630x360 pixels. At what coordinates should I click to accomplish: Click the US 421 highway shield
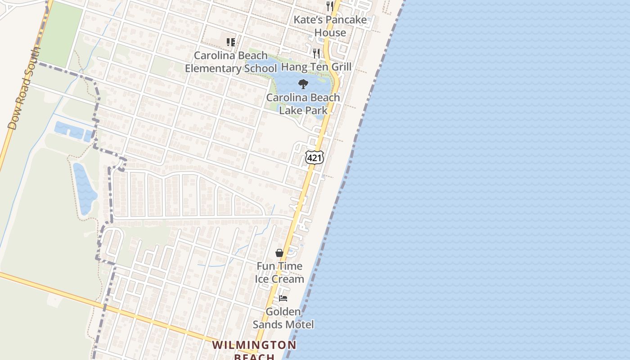click(x=314, y=157)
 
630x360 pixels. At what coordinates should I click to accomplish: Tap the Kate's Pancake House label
click(x=330, y=26)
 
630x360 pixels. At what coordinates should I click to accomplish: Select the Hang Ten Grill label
click(x=316, y=67)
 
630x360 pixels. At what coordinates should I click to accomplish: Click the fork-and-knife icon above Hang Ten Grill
click(x=316, y=54)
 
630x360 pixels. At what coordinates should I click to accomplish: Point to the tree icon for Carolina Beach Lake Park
click(x=303, y=84)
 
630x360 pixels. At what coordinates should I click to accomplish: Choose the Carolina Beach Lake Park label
click(x=303, y=103)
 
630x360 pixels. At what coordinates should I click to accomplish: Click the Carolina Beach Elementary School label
click(x=231, y=62)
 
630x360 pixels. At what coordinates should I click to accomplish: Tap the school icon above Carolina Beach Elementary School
click(x=231, y=42)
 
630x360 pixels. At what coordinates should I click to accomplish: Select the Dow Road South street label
click(x=24, y=88)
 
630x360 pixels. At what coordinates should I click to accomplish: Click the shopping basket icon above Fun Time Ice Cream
click(x=279, y=253)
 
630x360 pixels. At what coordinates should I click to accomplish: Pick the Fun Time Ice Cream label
click(x=279, y=272)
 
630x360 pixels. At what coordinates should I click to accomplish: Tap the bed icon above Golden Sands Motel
click(x=283, y=298)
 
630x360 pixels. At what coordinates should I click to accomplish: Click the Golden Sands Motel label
click(x=283, y=318)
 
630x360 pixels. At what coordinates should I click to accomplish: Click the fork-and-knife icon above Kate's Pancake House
click(x=330, y=6)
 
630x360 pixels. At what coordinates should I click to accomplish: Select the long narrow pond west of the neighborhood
click(x=85, y=188)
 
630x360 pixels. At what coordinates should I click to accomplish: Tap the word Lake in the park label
click(x=291, y=110)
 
